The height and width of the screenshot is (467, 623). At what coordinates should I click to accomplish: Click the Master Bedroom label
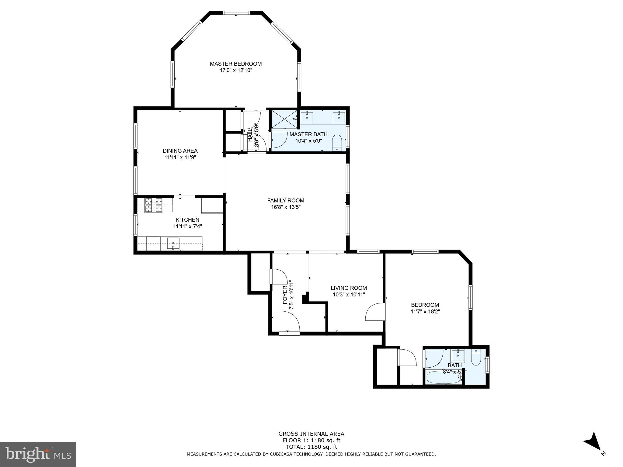235,64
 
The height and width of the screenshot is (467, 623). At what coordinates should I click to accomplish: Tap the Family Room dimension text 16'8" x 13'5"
285,207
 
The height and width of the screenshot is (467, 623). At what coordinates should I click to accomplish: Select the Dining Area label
180,151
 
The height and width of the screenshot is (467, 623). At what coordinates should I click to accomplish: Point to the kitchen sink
173,243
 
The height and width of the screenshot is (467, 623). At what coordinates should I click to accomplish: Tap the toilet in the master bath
337,142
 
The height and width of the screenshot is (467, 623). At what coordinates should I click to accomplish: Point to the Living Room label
349,288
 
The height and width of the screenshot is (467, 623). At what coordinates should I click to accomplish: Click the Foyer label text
285,295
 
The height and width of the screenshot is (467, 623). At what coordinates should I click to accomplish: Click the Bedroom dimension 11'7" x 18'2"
425,311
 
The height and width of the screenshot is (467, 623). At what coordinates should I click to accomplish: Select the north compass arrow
593,450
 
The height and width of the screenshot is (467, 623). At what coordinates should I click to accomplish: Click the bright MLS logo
38,454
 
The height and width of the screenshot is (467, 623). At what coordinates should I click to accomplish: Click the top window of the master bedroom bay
236,13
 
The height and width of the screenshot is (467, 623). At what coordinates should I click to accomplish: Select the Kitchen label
187,220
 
